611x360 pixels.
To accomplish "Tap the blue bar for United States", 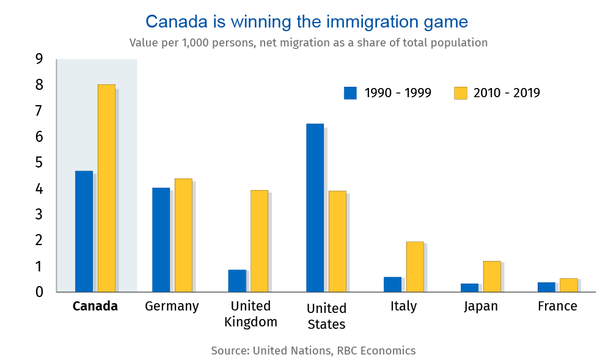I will coord(315,208).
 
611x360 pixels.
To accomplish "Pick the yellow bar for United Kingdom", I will coord(259,241).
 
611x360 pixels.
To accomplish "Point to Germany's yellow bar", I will coord(183,235).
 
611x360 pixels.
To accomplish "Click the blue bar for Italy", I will coord(392,284).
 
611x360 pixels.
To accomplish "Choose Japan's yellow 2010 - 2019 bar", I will coord(492,276).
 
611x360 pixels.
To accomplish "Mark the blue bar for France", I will coord(546,287).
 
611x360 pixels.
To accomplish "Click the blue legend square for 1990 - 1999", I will coord(350,93).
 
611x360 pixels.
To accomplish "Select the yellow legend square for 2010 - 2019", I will coord(460,93).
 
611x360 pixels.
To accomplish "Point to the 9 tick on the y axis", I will coord(39,59).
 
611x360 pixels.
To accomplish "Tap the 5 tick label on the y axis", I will coord(39,163).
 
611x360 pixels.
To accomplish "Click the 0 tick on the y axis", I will coord(39,292).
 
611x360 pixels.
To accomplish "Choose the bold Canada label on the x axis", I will coord(95,306).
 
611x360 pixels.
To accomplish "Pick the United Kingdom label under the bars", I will coord(251,314).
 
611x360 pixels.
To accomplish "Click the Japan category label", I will coord(480,306).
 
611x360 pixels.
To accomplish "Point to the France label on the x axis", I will coord(557,306).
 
